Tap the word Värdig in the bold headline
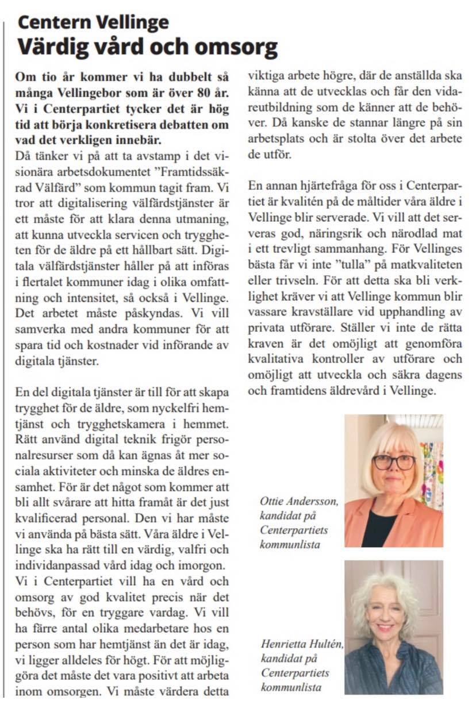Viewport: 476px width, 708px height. pyautogui.click(x=52, y=47)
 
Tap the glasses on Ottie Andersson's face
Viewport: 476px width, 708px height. pyautogui.click(x=393, y=461)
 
